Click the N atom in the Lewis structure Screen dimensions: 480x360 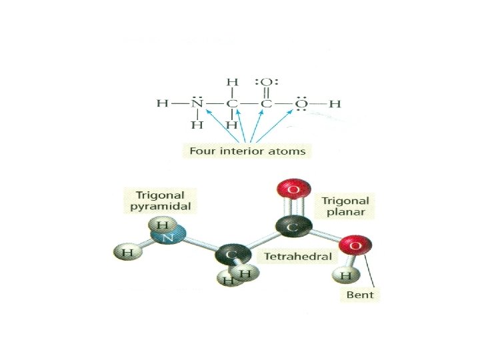click(x=197, y=103)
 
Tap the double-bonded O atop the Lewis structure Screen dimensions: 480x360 click(x=266, y=82)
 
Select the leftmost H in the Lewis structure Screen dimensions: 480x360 click(x=161, y=103)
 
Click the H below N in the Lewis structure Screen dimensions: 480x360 click(x=197, y=125)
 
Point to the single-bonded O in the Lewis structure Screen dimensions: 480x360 click(x=301, y=103)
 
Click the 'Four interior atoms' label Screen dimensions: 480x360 click(x=247, y=151)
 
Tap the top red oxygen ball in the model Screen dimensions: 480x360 click(x=292, y=190)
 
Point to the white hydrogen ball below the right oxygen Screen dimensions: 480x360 click(x=345, y=275)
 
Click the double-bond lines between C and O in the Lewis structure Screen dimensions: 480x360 click(x=266, y=93)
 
